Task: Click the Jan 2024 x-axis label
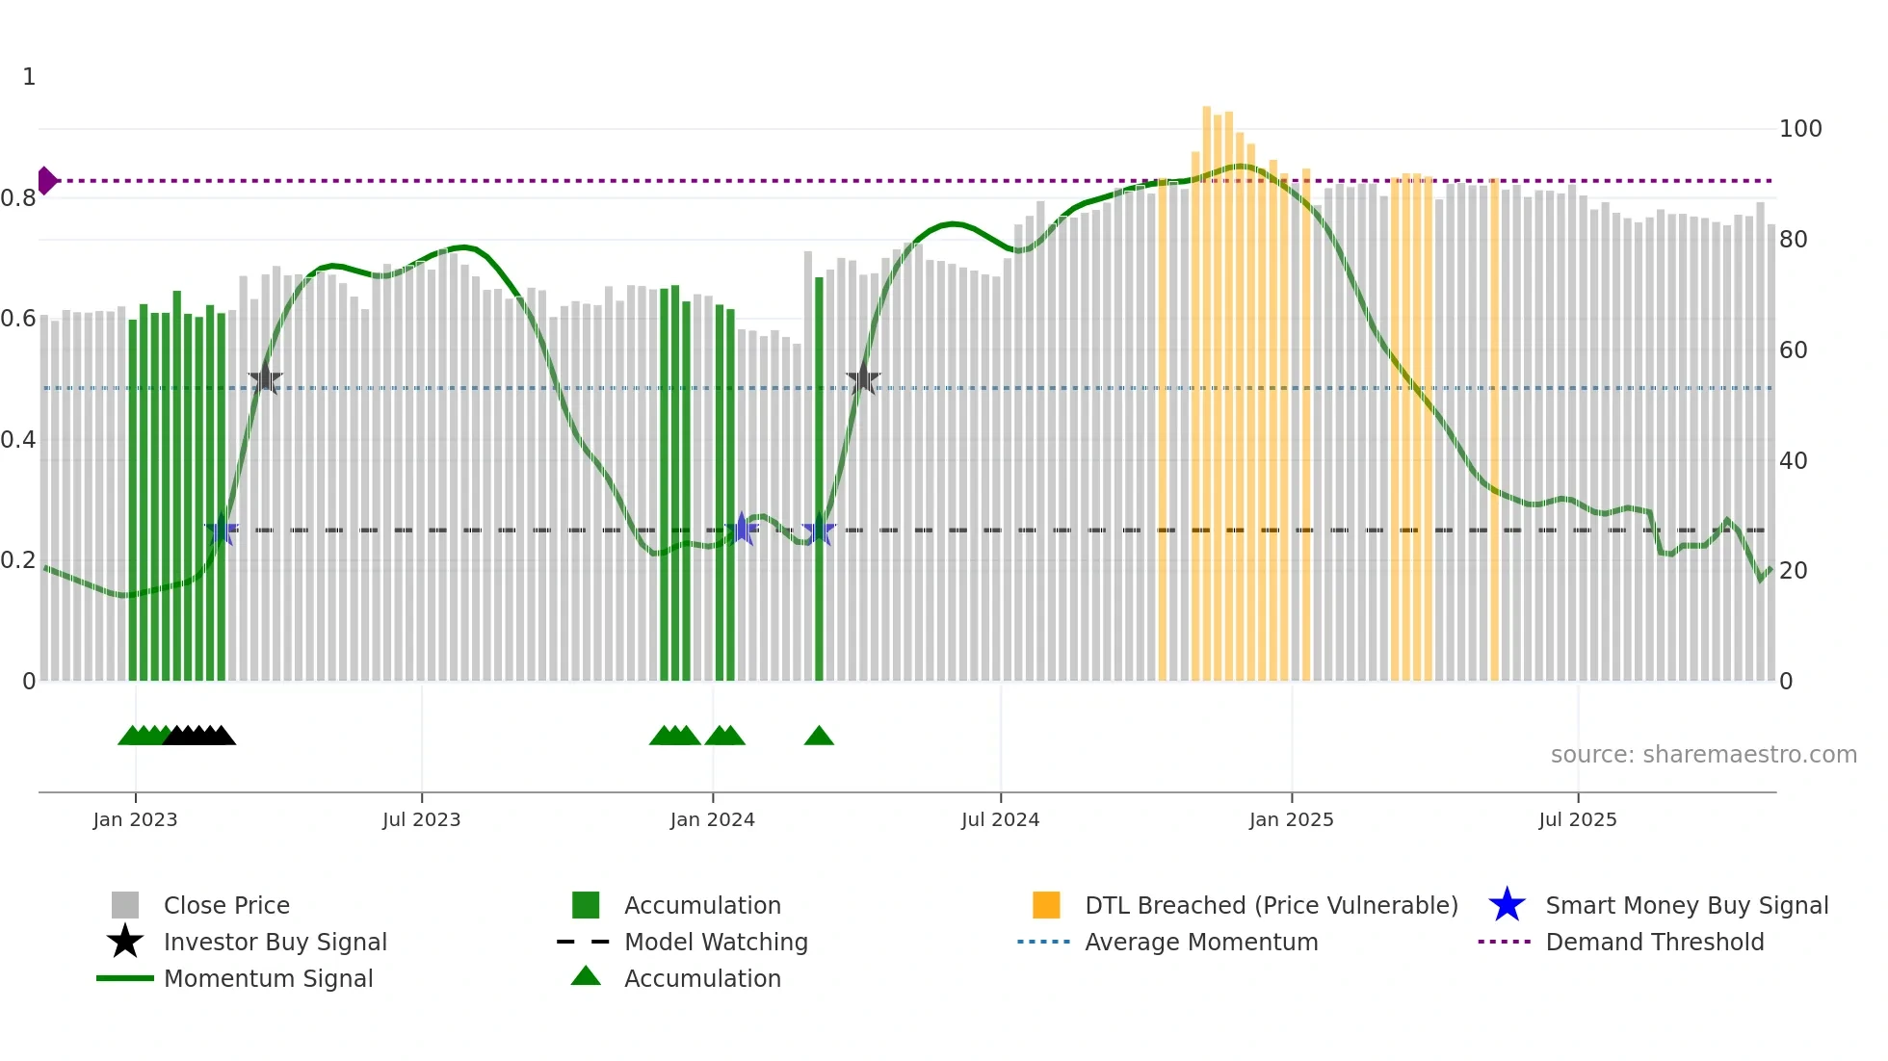pyautogui.click(x=712, y=819)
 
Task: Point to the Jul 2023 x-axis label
pyautogui.click(x=421, y=819)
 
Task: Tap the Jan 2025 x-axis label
pyautogui.click(x=1291, y=819)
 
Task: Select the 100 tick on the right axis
pyautogui.click(x=1799, y=129)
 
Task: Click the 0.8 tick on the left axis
pyautogui.click(x=18, y=198)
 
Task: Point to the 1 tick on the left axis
pyautogui.click(x=29, y=77)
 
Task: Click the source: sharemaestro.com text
pyautogui.click(x=1703, y=754)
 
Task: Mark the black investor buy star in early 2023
pyautogui.click(x=266, y=379)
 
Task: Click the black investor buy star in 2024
pyautogui.click(x=863, y=379)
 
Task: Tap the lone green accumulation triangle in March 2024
pyautogui.click(x=819, y=737)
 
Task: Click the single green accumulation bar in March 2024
pyautogui.click(x=819, y=481)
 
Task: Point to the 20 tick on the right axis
pyautogui.click(x=1793, y=571)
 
